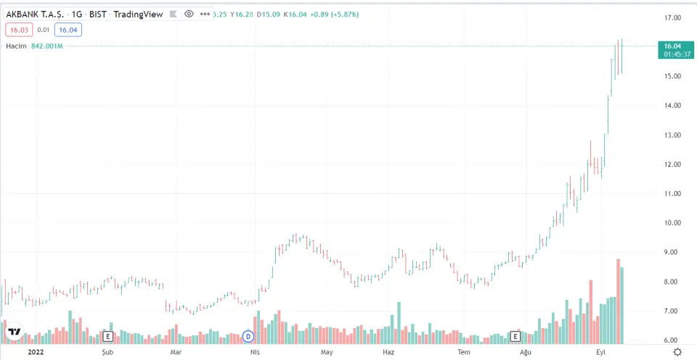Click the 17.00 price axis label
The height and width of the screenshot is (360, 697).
coord(671,17)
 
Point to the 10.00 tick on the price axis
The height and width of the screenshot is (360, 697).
coord(671,223)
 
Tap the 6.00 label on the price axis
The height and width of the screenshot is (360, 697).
coord(671,340)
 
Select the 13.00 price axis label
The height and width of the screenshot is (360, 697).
coord(671,135)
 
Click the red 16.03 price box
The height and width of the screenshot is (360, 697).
coord(18,30)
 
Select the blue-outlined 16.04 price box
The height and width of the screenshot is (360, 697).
coord(68,30)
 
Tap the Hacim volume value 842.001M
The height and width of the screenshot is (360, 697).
coord(47,46)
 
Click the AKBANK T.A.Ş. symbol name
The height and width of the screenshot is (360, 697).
coord(35,14)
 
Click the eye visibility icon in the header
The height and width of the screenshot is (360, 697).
coord(189,14)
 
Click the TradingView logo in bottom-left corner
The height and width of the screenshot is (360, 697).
coord(14,332)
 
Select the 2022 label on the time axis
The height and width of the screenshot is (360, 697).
coord(36,352)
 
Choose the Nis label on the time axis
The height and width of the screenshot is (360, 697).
coord(255,352)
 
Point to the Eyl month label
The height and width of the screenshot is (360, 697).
coord(601,352)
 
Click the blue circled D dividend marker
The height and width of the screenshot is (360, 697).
coord(248,336)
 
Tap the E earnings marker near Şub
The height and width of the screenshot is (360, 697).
coord(108,336)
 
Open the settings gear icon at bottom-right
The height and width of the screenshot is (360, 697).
coord(677,352)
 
